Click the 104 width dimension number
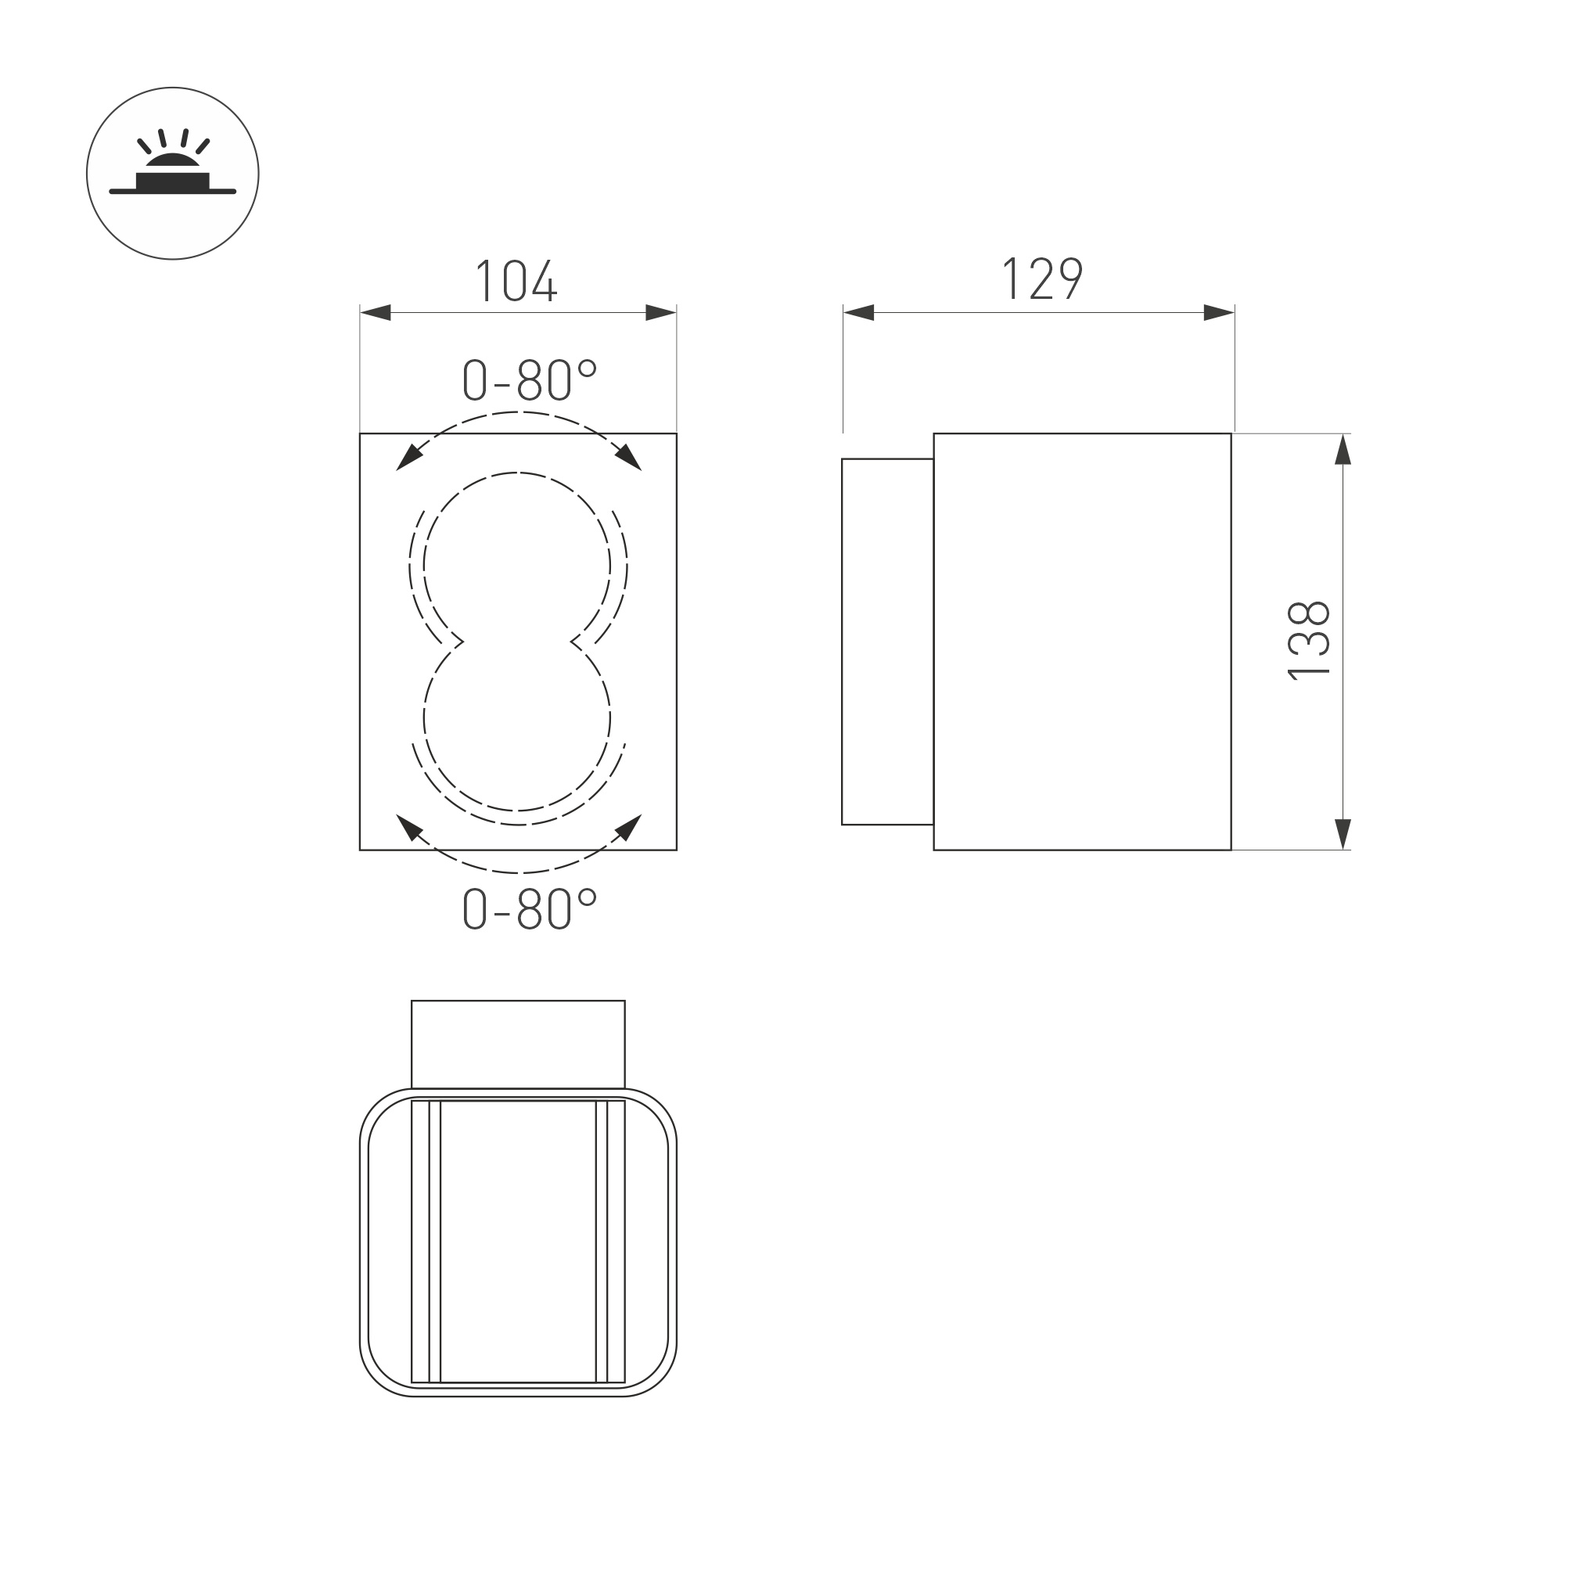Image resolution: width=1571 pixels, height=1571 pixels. coord(516,281)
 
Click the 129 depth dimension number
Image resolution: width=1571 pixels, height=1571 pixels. coord(1041,279)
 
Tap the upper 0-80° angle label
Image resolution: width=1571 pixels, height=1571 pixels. coord(530,379)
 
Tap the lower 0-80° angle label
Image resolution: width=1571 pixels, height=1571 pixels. coord(530,908)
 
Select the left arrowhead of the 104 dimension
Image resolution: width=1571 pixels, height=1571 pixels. coord(376,312)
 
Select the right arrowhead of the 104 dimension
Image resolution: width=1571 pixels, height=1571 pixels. coord(660,312)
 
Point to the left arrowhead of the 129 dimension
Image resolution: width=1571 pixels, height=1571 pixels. coord(860,312)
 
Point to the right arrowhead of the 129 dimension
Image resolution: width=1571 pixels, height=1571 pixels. coord(1217,312)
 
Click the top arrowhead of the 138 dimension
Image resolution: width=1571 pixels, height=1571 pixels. coord(1343,451)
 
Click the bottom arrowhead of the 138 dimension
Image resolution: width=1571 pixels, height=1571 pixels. coord(1343,832)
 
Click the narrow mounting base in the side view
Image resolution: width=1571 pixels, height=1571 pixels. coord(887,642)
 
